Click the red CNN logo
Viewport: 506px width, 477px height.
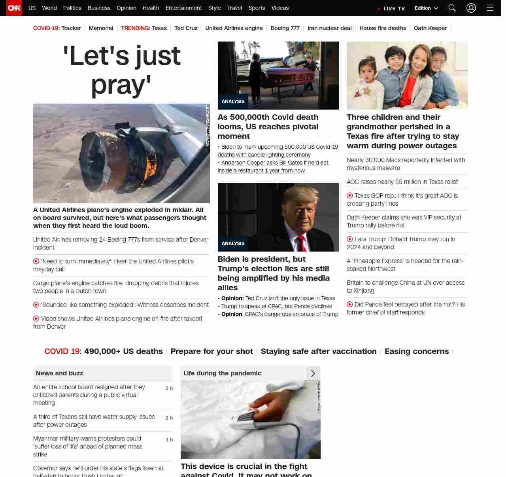pyautogui.click(x=14, y=8)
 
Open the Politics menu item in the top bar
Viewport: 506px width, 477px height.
pyautogui.click(x=72, y=8)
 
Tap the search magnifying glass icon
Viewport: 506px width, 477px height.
pyautogui.click(x=452, y=8)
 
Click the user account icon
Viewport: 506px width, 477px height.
pyautogui.click(x=471, y=8)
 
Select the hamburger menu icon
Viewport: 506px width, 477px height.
pyautogui.click(x=490, y=8)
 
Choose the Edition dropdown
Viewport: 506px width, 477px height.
pyautogui.click(x=426, y=8)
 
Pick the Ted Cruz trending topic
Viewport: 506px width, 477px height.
pyautogui.click(x=186, y=28)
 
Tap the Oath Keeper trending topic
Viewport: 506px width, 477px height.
pyautogui.click(x=430, y=28)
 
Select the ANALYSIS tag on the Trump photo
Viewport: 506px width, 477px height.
pyautogui.click(x=233, y=244)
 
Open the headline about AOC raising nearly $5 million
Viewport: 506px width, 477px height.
pyautogui.click(x=402, y=182)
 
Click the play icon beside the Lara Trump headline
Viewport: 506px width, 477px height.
pyautogui.click(x=350, y=239)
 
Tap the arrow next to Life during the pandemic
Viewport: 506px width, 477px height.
pyautogui.click(x=313, y=373)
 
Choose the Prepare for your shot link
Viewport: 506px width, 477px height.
pyautogui.click(x=211, y=351)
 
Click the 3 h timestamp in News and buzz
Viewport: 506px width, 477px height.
pyautogui.click(x=169, y=388)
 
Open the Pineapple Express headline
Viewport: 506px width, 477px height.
pyautogui.click(x=405, y=265)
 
